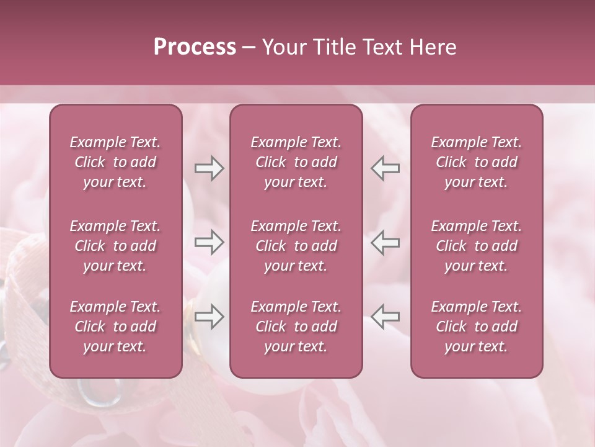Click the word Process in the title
195,47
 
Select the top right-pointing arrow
209,168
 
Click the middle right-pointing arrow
209,242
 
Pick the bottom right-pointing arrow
209,316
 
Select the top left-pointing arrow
385,168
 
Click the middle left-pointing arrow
385,242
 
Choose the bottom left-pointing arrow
385,316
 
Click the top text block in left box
115,162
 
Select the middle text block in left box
115,246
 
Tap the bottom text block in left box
115,327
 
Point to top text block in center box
296,162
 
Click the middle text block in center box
296,246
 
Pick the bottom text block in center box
296,327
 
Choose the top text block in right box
476,162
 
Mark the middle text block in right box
476,246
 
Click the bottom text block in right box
476,327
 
